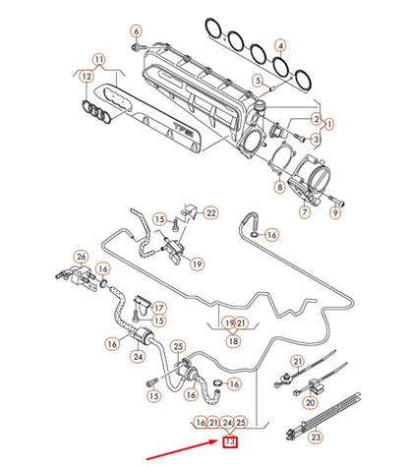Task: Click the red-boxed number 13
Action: [x=230, y=443]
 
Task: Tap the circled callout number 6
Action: [x=136, y=30]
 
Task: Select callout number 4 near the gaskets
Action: [x=281, y=46]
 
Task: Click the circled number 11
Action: [x=97, y=61]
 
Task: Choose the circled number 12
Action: [x=88, y=77]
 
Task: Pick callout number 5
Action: [x=259, y=80]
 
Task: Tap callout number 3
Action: [x=316, y=141]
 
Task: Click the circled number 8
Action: [x=279, y=187]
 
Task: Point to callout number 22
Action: [x=210, y=213]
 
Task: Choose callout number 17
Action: [x=157, y=308]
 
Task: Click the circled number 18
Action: [x=233, y=341]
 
